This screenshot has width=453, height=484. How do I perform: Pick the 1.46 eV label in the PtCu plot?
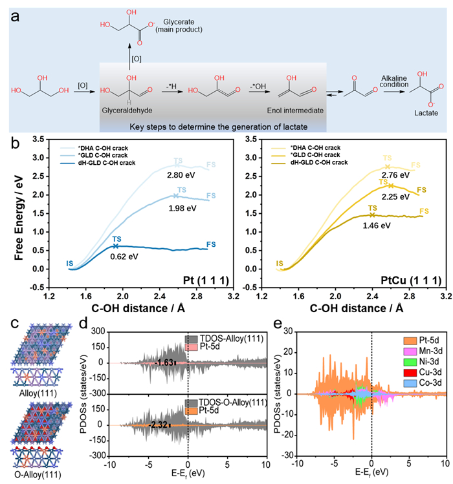point(377,225)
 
